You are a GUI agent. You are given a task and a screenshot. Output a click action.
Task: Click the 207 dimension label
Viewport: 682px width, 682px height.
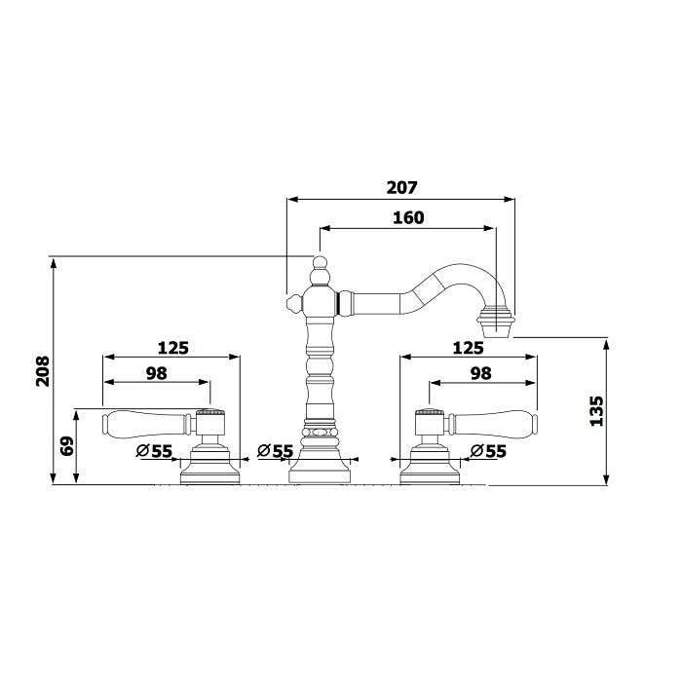[401, 187]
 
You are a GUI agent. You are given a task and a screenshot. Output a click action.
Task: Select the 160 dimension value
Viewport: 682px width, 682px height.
[408, 217]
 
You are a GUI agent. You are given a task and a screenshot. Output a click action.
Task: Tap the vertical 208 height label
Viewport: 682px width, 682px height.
[43, 371]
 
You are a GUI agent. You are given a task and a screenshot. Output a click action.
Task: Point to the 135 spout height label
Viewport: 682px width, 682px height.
[596, 411]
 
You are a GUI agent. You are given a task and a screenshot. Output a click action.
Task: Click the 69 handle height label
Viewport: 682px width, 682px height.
[67, 446]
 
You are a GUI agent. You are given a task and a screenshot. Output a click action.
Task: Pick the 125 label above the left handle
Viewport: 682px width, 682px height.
[173, 348]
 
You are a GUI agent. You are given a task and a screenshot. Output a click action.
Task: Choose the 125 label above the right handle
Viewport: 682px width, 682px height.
[468, 348]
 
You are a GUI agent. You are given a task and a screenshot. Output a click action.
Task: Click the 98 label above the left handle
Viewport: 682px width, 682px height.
[157, 373]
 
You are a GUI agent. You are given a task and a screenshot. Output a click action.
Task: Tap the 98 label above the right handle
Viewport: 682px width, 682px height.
[480, 373]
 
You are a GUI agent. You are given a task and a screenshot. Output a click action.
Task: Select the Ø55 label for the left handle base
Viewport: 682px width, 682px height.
[154, 451]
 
